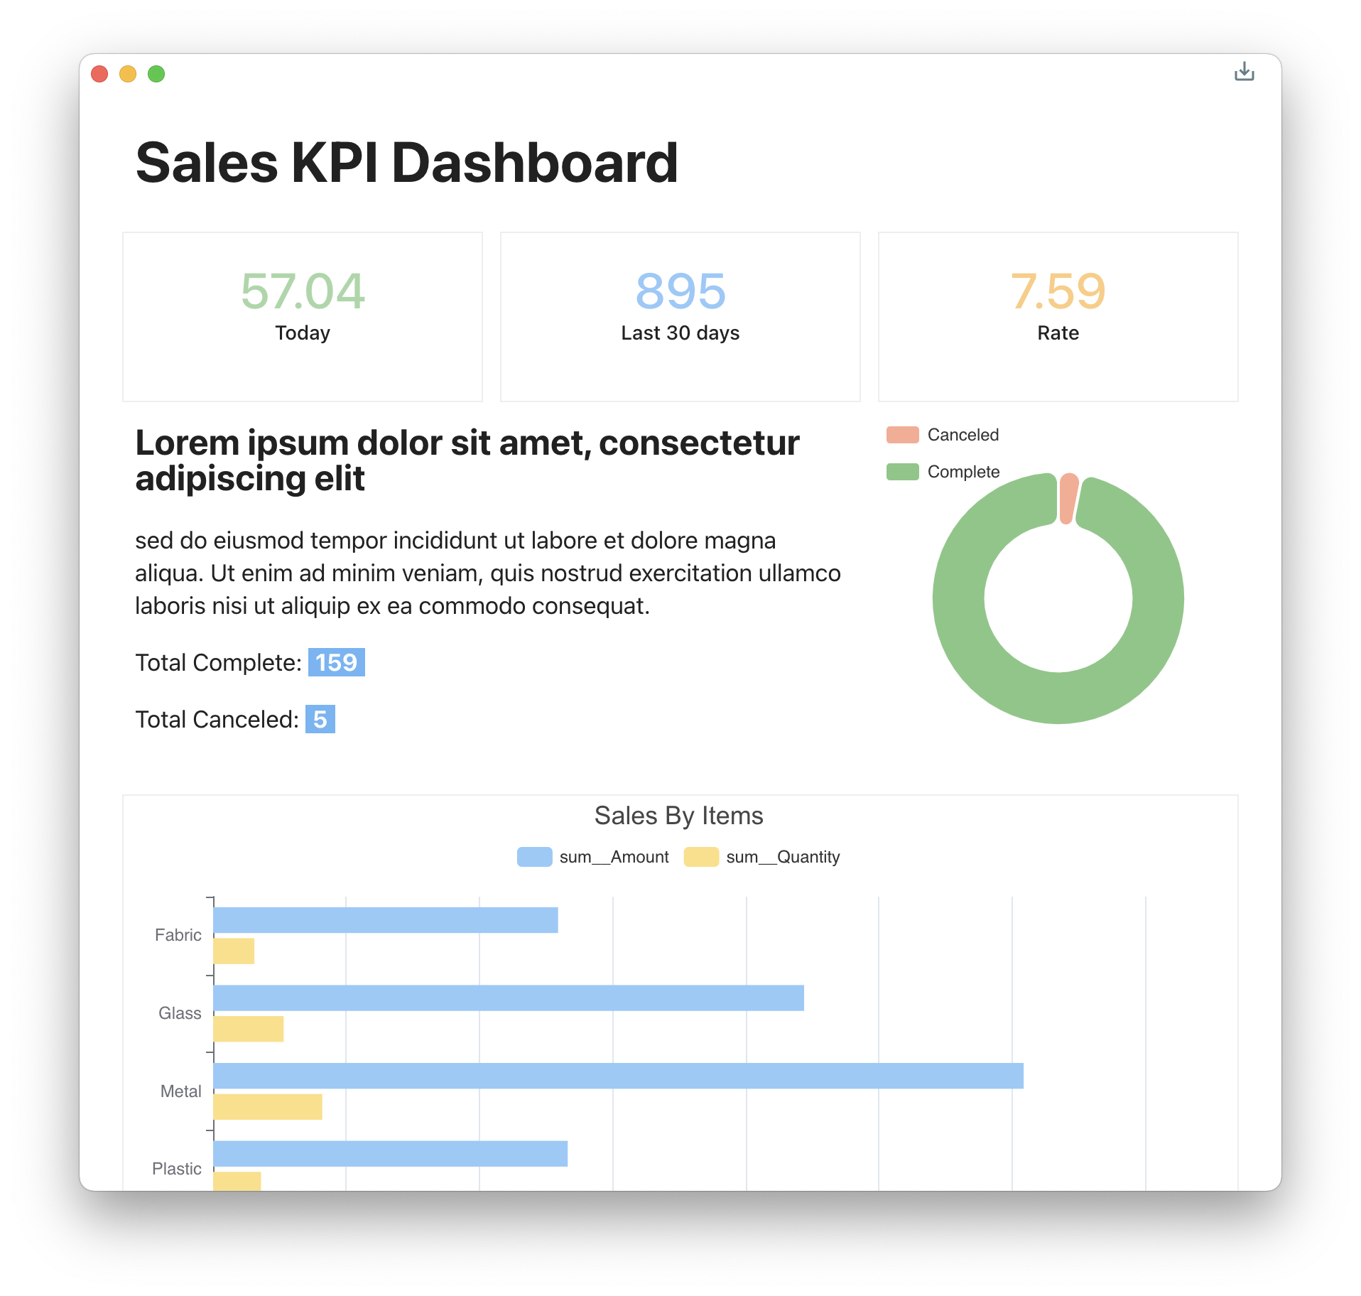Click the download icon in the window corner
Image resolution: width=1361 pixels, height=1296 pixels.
click(x=1244, y=72)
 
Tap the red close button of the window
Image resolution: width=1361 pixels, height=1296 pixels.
click(x=99, y=74)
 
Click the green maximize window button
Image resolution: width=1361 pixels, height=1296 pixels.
click(x=156, y=74)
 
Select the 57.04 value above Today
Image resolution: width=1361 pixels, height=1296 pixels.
click(x=303, y=291)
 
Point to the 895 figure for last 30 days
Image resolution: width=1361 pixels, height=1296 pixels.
click(x=680, y=291)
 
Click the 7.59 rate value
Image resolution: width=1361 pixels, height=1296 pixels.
click(x=1058, y=291)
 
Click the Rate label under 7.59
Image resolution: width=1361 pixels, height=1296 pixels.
click(x=1058, y=333)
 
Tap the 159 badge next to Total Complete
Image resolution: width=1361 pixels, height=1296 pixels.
click(x=336, y=662)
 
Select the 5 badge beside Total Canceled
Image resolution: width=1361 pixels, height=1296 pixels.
click(x=320, y=719)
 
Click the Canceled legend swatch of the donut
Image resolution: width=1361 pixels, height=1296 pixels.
click(x=902, y=435)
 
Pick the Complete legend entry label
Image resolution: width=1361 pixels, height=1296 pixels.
click(x=963, y=472)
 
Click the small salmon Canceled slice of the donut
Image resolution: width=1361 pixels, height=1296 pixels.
click(x=1068, y=498)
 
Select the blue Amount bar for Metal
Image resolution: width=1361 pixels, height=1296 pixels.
click(x=618, y=1076)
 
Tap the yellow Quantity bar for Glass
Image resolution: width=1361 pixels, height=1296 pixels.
click(x=249, y=1029)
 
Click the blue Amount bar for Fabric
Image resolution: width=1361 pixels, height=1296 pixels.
click(x=386, y=920)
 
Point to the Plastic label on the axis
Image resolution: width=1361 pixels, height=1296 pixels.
click(x=177, y=1169)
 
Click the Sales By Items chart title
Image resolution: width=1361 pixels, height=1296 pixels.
click(x=678, y=816)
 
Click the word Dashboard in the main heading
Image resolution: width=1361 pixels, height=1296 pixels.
click(x=534, y=163)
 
